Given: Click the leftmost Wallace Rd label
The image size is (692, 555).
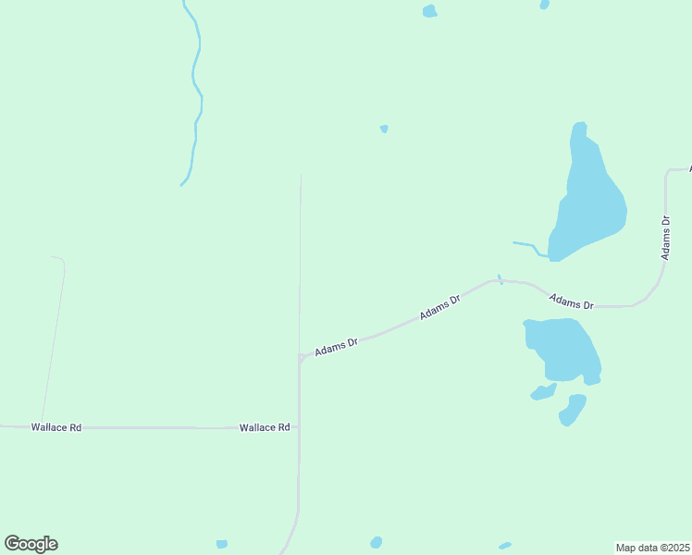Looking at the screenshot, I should click(56, 427).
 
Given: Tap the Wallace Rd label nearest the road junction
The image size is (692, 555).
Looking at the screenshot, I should click(265, 427).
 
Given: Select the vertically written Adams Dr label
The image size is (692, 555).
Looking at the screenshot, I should click(665, 238).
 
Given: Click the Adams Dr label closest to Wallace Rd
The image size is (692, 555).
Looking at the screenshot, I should click(336, 347).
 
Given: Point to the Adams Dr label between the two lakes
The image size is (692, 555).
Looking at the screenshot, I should click(571, 301).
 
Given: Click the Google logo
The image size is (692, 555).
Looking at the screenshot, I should click(31, 544).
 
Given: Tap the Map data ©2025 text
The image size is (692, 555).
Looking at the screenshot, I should click(652, 548).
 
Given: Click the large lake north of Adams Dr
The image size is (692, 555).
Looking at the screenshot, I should click(589, 199).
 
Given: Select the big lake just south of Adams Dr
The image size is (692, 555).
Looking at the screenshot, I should click(562, 347).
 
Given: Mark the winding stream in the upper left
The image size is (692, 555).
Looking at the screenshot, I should click(195, 92).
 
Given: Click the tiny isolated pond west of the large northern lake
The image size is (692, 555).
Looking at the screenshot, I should click(384, 129).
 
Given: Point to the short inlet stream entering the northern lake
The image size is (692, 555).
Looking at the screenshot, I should click(527, 246).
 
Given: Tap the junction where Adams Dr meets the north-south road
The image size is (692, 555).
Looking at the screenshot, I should click(300, 357).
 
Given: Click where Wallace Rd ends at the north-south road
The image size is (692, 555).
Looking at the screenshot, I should click(299, 427).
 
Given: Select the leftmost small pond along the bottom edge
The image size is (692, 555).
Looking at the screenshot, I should click(221, 544).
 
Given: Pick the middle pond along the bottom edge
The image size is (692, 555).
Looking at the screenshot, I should click(376, 542).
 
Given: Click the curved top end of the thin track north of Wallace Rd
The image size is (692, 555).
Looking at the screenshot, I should click(59, 259).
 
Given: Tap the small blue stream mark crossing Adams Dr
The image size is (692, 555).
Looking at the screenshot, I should click(500, 278).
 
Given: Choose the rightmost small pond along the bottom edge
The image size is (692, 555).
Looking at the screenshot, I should click(504, 546).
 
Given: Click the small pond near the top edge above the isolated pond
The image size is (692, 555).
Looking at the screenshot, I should click(429, 11).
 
